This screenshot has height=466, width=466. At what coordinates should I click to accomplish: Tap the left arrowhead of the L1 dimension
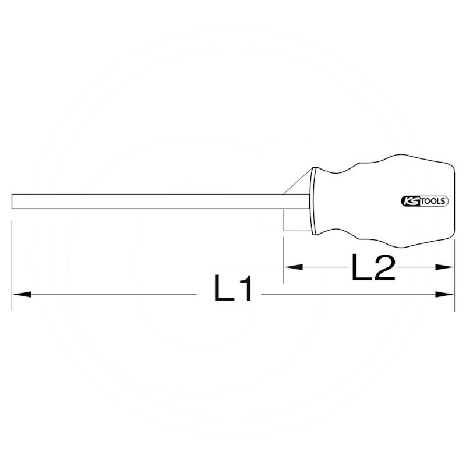pos(20,295)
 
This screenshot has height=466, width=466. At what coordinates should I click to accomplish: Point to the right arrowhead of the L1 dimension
pos(446,295)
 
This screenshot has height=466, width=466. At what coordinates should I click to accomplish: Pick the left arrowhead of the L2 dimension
pos(293,267)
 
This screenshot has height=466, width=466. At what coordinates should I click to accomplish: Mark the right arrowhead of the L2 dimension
pos(446,267)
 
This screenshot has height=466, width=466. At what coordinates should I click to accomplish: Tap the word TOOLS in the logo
pos(432,201)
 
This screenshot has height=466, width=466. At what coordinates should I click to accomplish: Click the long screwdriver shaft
pos(157,201)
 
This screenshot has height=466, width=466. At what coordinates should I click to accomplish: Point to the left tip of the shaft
pos(13,201)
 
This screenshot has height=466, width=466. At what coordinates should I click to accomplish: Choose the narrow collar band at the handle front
pos(314,201)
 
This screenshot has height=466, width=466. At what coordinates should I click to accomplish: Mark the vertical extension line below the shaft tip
pos(12,262)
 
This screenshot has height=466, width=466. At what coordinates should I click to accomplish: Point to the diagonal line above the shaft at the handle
pos(298,181)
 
